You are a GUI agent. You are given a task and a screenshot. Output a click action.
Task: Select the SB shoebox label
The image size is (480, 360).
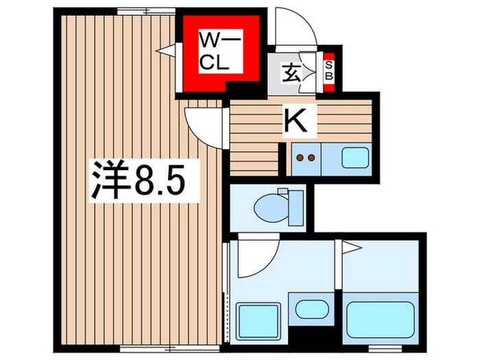point(328,70)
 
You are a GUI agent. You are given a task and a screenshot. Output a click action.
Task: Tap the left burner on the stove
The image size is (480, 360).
point(299,158)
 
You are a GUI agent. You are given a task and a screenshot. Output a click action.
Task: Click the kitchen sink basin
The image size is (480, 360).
point(354,157)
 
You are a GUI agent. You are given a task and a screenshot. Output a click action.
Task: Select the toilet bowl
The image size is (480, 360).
point(270,204)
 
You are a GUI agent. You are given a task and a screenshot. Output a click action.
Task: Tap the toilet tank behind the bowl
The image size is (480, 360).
point(296,204)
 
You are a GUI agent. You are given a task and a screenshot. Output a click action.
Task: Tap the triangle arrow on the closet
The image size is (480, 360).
point(165,49)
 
